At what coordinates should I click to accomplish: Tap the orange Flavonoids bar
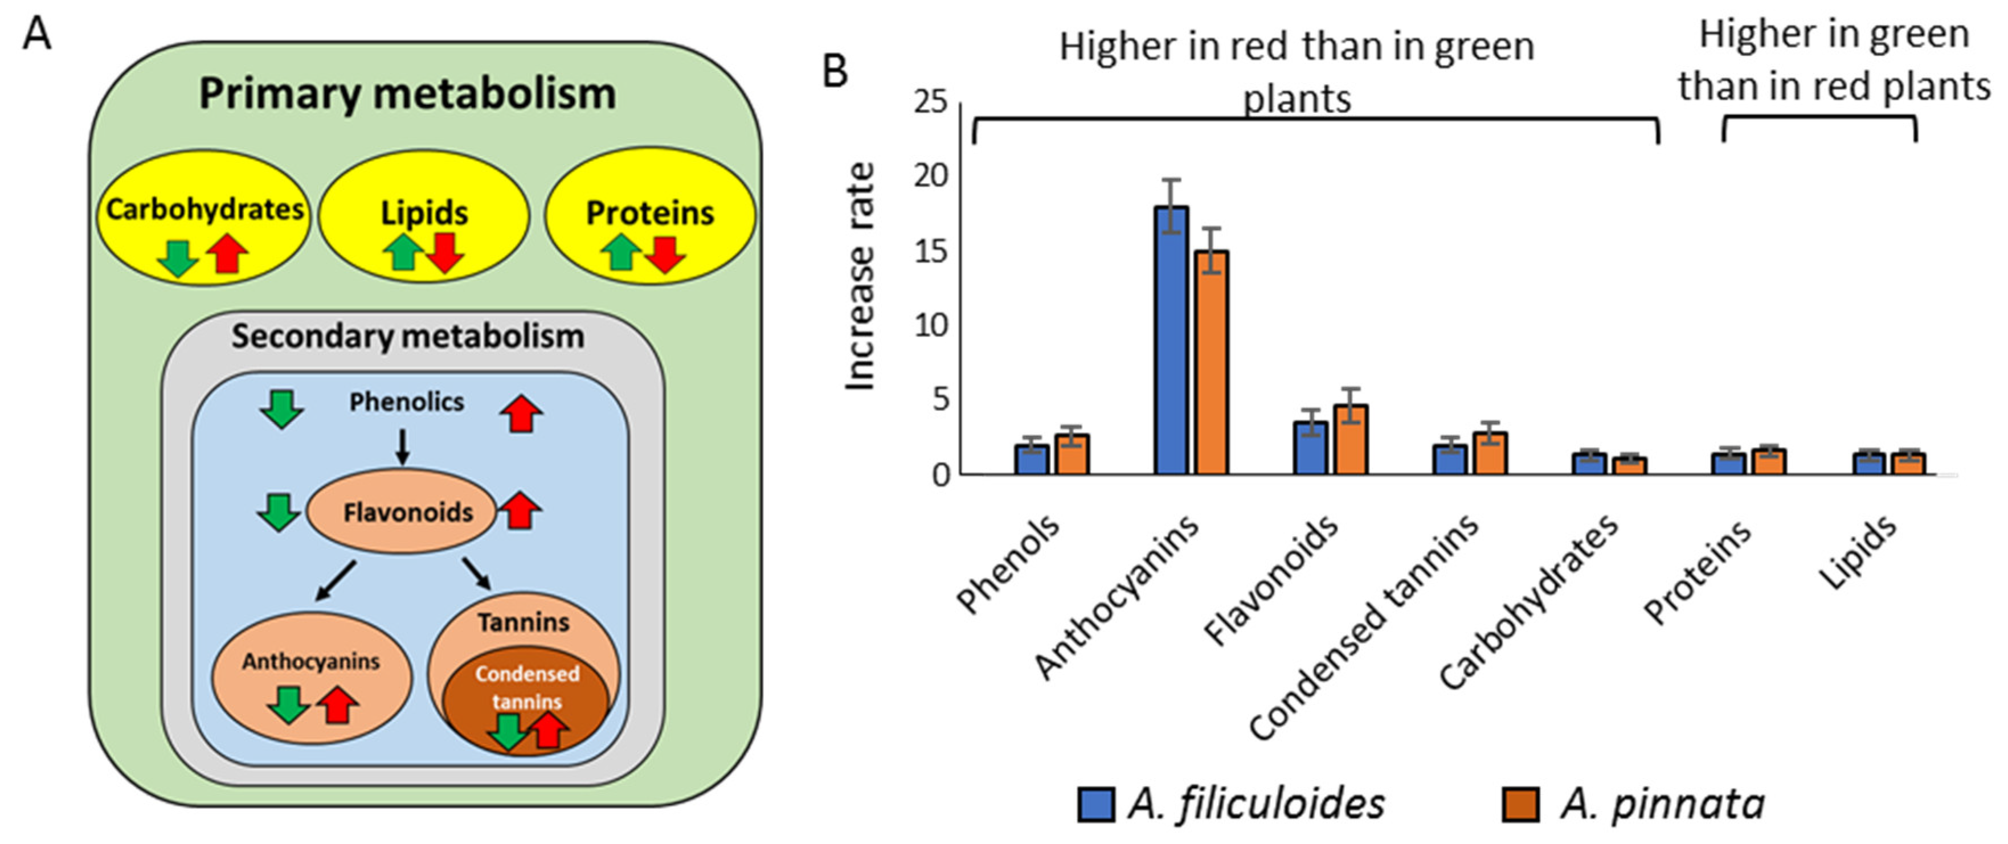coord(1351,440)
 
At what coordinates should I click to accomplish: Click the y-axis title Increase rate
coord(861,277)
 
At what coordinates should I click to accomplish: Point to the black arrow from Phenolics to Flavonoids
coord(402,446)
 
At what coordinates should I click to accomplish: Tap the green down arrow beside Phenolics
coord(281,408)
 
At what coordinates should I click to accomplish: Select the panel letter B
coord(835,72)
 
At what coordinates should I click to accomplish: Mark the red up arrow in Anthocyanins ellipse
coord(337,704)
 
